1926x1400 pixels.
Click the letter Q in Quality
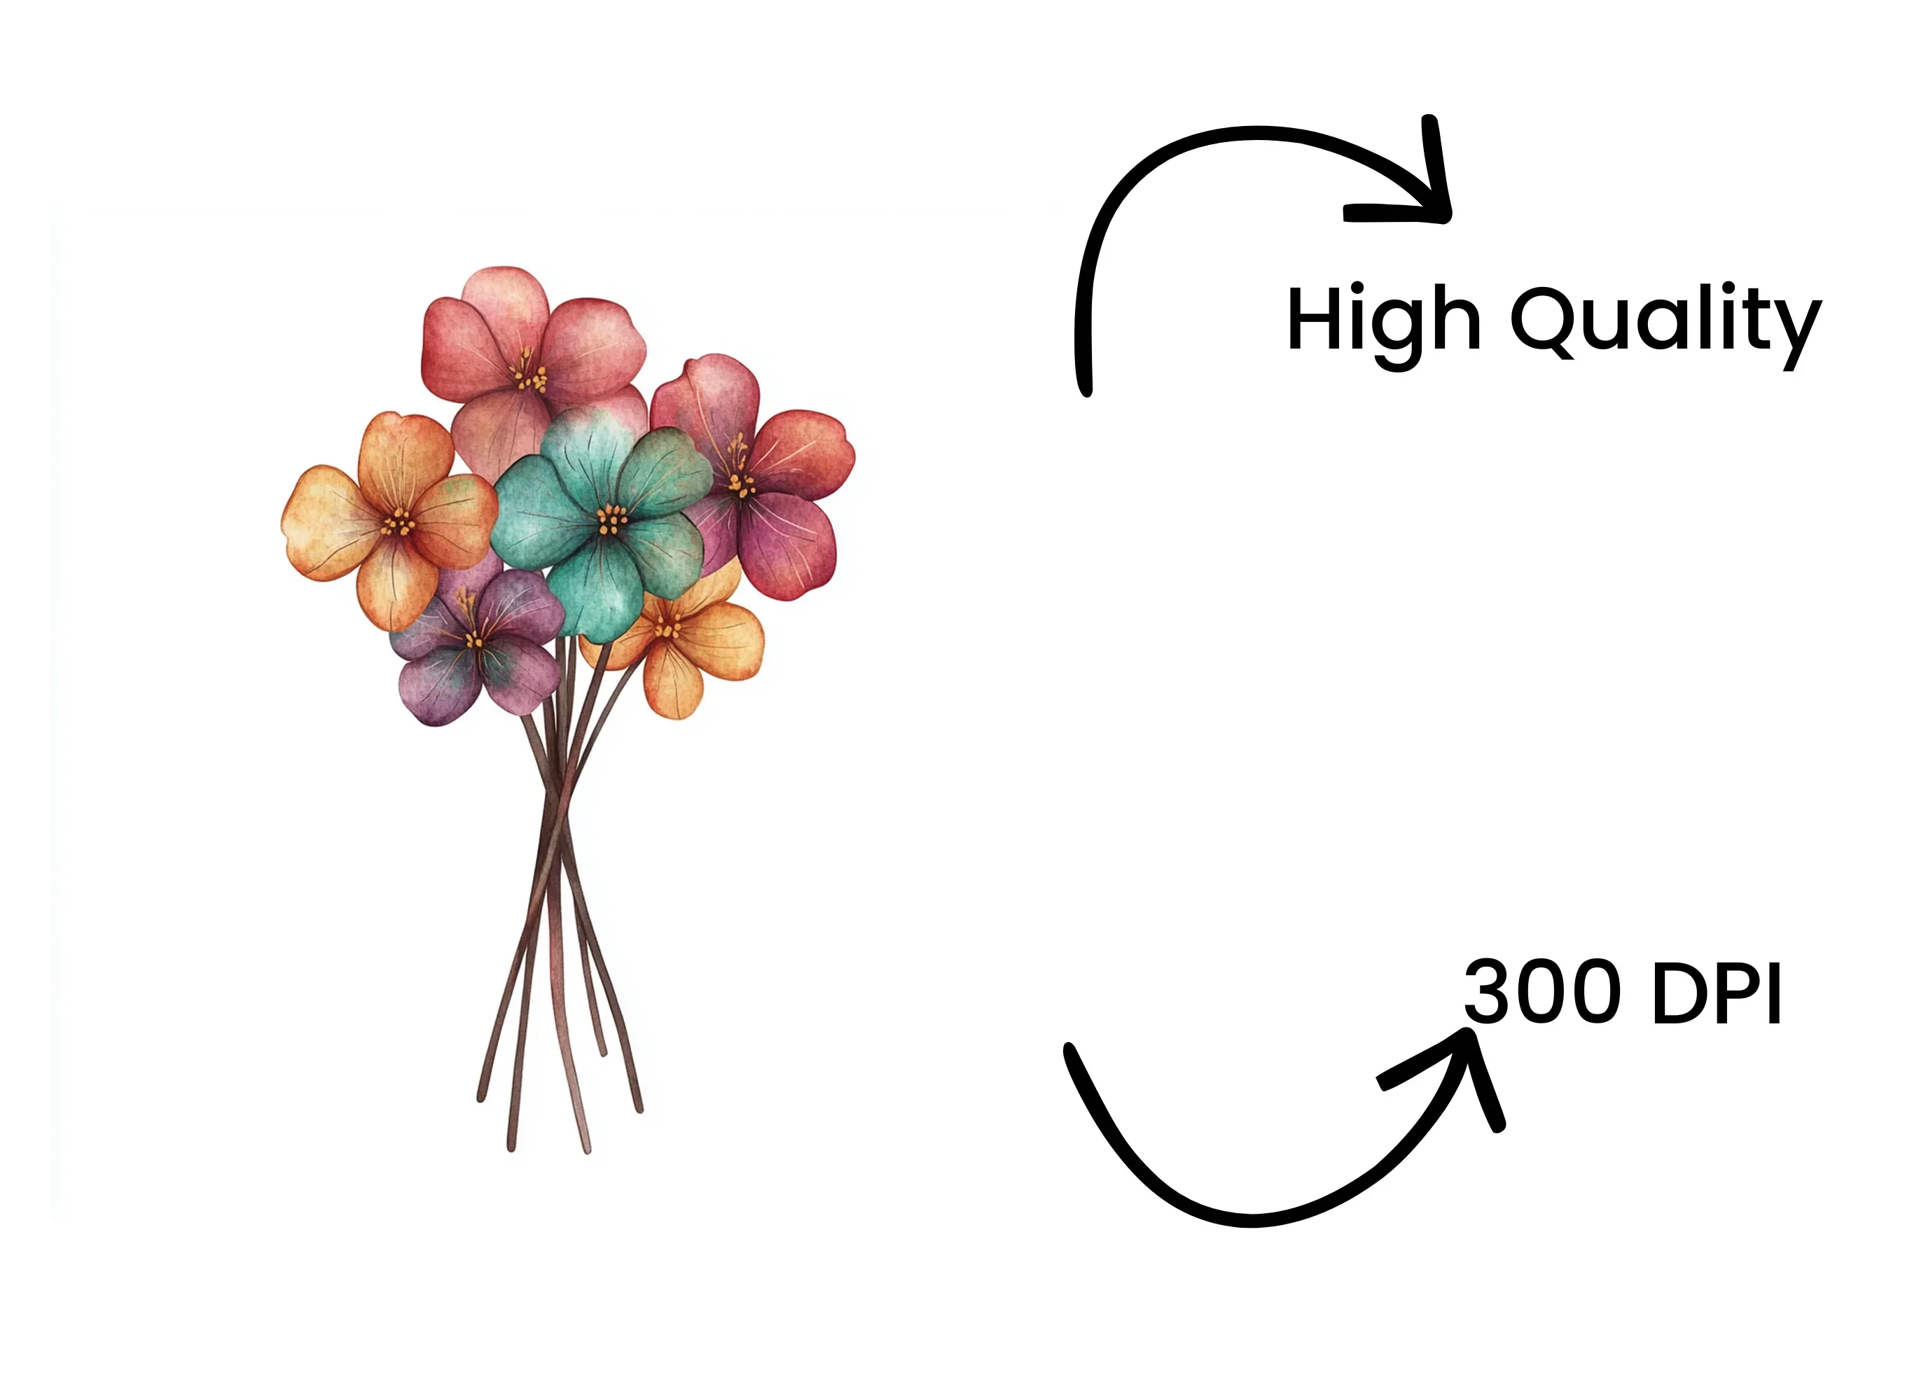point(1550,320)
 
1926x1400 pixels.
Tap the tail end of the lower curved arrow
point(1072,1053)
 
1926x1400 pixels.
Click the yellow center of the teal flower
point(611,519)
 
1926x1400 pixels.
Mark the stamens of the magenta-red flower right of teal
point(740,475)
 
